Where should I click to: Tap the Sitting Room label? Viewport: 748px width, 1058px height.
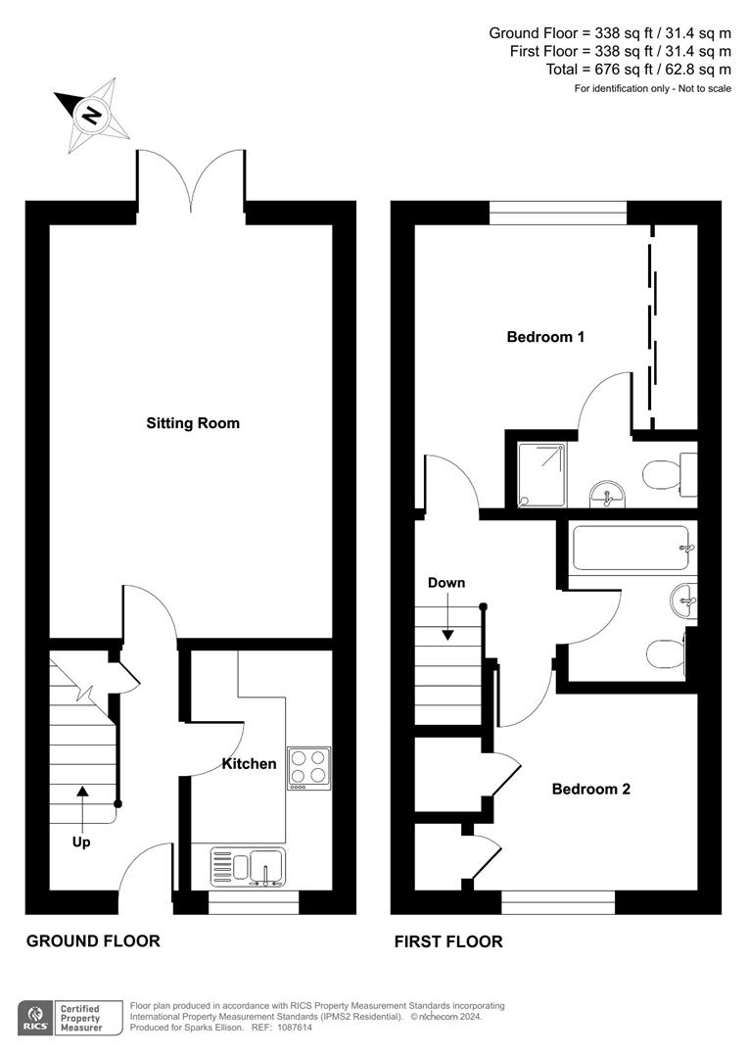click(x=193, y=423)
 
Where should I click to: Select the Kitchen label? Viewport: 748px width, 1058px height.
click(x=249, y=763)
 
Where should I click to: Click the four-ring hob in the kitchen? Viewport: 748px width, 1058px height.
click(x=308, y=768)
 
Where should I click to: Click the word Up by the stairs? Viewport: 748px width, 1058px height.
click(x=81, y=841)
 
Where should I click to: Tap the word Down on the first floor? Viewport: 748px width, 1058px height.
click(x=446, y=583)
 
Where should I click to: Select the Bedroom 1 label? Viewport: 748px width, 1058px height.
click(x=545, y=337)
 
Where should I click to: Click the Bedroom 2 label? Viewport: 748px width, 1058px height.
click(x=590, y=789)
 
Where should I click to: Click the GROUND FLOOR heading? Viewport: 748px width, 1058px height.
click(x=93, y=941)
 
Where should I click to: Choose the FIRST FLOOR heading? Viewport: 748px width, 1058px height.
click(x=448, y=942)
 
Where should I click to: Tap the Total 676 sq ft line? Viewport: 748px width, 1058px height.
click(x=638, y=70)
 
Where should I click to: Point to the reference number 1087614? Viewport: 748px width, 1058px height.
click(x=296, y=1028)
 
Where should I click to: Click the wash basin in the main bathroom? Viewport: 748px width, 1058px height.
click(x=683, y=599)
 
